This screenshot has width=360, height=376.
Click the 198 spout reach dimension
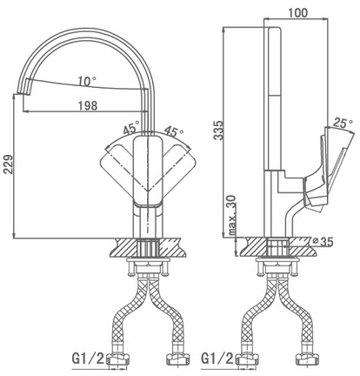tap(88, 105)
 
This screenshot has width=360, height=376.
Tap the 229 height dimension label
tap(8, 164)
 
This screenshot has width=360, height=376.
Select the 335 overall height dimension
tap(218, 130)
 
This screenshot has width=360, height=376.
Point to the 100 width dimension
tap(297, 12)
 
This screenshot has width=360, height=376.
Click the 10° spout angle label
tap(87, 81)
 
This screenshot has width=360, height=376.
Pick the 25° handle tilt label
tap(343, 124)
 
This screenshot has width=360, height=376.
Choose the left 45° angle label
tap(131, 129)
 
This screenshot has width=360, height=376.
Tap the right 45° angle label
tap(174, 131)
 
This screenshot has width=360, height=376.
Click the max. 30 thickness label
tap(232, 215)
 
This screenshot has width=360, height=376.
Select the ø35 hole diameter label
tap(323, 241)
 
